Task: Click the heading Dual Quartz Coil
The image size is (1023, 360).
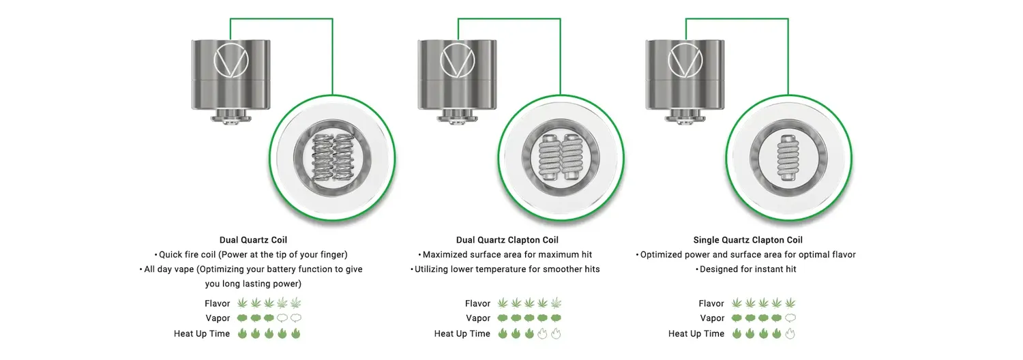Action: click(x=253, y=240)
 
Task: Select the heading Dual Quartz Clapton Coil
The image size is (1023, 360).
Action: click(x=507, y=240)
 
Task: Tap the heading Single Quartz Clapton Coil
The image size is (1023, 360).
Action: click(x=747, y=240)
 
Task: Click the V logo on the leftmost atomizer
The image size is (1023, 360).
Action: click(x=231, y=60)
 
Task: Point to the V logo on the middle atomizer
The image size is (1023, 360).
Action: click(x=458, y=60)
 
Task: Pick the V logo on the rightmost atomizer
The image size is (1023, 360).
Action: click(x=685, y=60)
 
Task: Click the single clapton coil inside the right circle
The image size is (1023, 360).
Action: click(x=788, y=157)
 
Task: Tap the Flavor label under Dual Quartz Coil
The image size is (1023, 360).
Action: click(x=217, y=303)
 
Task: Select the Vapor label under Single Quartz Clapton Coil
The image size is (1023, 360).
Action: click(x=712, y=318)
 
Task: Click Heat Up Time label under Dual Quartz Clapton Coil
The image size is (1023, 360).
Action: click(x=462, y=333)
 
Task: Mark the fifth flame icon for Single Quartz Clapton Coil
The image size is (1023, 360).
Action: click(x=790, y=333)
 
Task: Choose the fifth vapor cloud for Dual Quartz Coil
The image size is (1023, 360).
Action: click(x=296, y=318)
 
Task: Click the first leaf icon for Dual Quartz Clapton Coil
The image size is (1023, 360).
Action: click(x=503, y=303)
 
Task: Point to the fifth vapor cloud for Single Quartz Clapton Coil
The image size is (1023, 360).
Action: click(x=790, y=318)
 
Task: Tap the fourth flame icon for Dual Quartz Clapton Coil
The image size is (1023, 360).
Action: click(x=542, y=333)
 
